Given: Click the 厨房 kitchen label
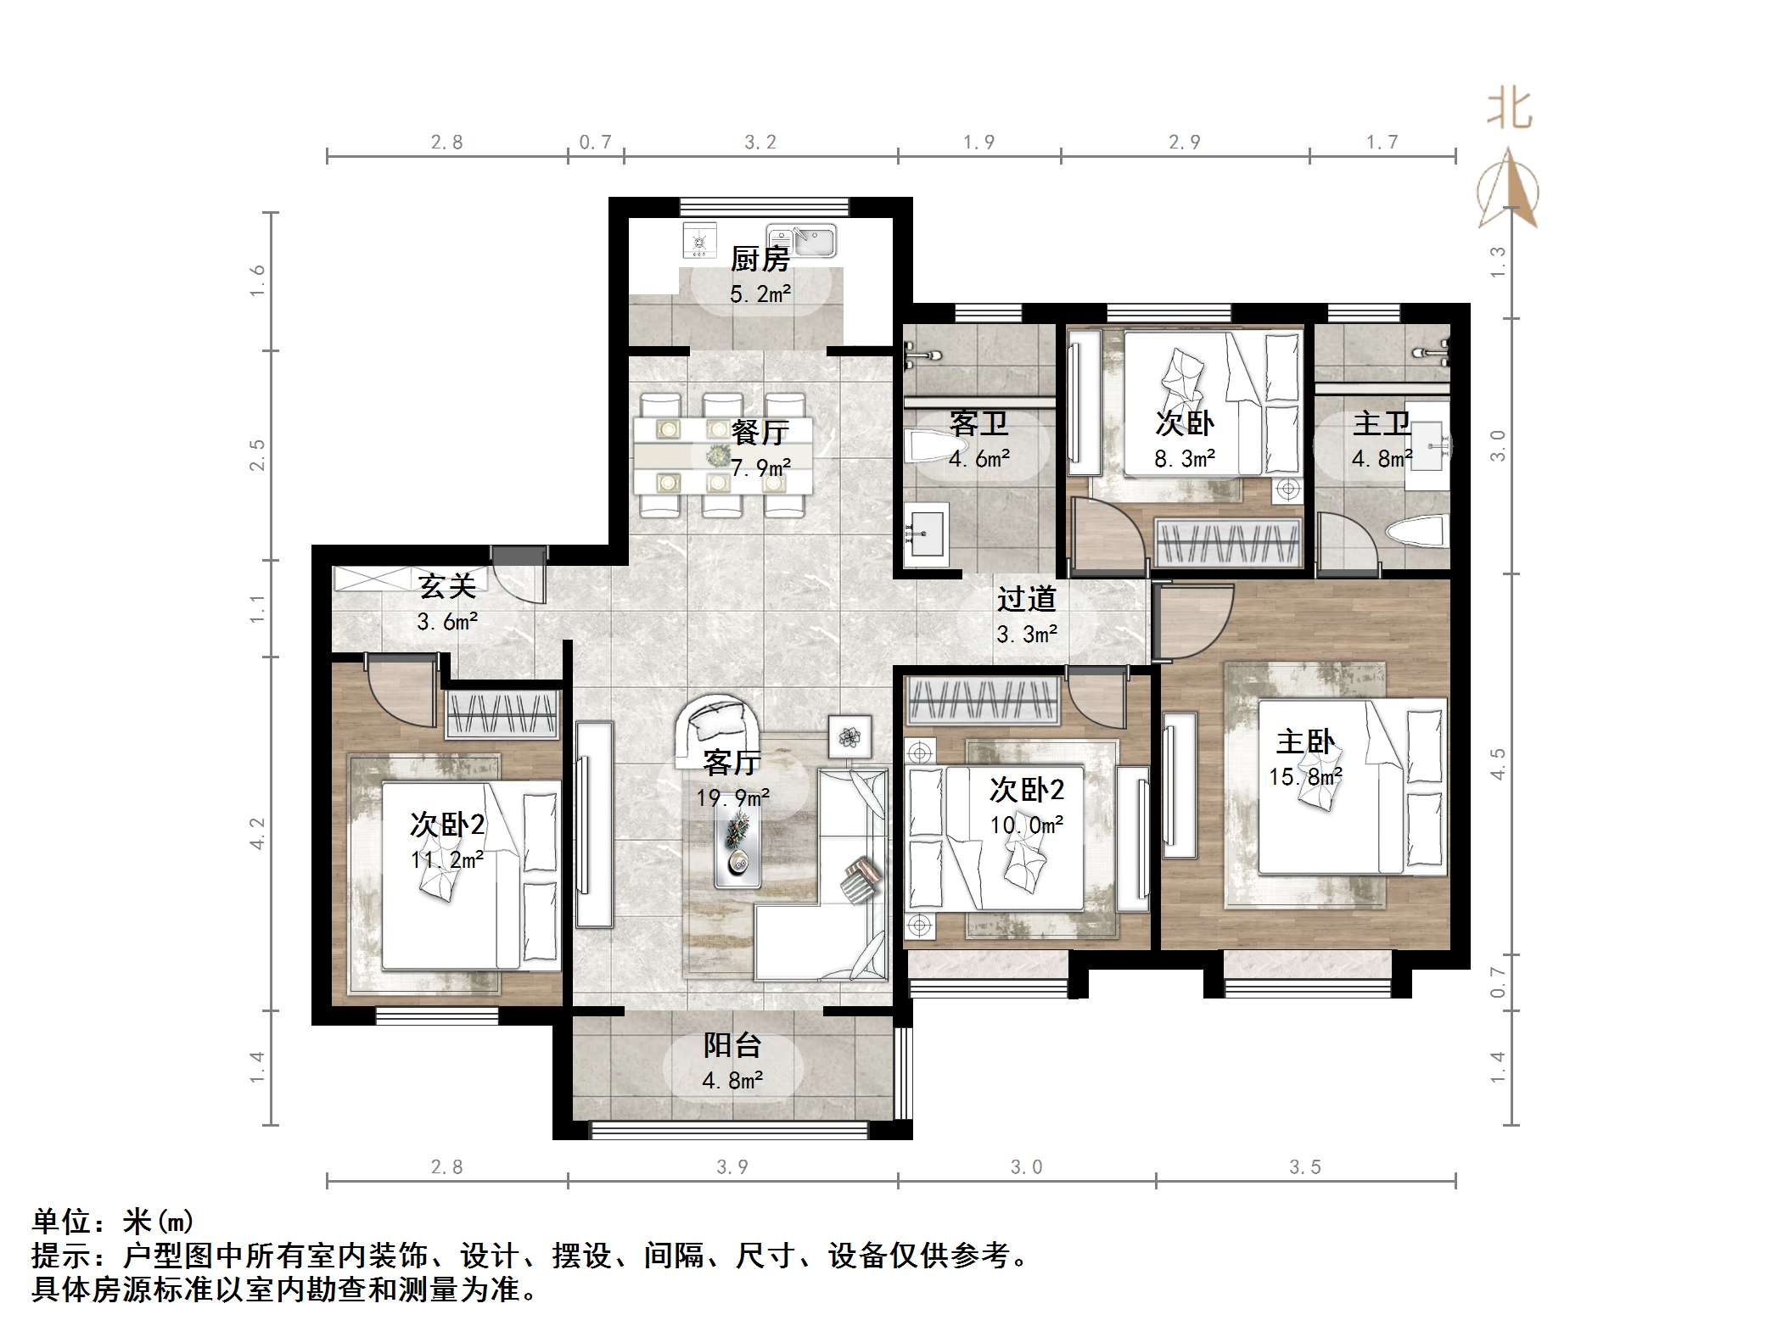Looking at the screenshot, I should point(760,259).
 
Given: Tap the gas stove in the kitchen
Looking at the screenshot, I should point(699,241).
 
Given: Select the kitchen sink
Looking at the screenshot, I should point(801,240).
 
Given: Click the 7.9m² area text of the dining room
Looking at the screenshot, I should point(760,467).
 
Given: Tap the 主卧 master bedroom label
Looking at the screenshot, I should point(1305,742).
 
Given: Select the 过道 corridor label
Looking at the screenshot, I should point(1026,600).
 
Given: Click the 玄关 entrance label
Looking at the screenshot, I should point(447,586).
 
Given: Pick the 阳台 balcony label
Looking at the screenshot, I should point(732,1045).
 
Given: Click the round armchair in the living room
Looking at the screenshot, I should point(718,723).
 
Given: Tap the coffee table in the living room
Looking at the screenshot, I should point(737,842).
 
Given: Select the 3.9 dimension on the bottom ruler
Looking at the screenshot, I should point(732,1167).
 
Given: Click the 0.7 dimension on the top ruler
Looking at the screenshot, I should point(595,143).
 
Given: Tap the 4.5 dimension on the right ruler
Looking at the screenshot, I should point(1498,764).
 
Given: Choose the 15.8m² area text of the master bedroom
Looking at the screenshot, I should point(1305,776).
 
